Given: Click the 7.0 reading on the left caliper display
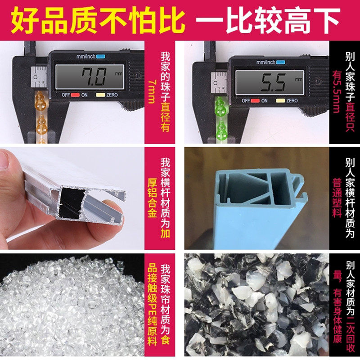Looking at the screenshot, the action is click(94, 77).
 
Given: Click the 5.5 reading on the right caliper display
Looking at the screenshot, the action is click(274, 82).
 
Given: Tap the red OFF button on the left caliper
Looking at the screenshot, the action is click(75, 95).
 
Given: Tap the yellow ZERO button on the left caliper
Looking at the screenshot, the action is click(100, 95).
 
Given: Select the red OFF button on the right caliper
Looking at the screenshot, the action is click(255, 100).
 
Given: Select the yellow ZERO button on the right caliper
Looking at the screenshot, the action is click(280, 100).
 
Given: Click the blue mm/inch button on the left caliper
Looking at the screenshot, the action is click(100, 57).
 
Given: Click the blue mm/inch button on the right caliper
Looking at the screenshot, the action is click(280, 62).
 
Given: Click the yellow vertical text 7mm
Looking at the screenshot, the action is click(152, 91).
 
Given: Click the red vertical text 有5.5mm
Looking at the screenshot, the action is click(337, 91).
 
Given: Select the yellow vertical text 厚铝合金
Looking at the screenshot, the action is click(152, 198).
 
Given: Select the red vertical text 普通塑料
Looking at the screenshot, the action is click(337, 198).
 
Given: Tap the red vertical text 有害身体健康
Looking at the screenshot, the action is click(337, 316).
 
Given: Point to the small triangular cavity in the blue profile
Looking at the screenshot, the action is click(263, 200).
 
